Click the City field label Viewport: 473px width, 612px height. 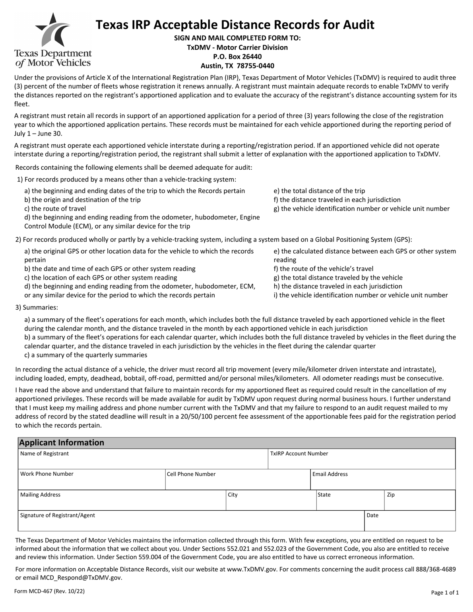click(x=233, y=495)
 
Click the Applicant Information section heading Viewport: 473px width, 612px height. click(x=62, y=443)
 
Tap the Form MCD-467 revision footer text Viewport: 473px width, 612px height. click(x=49, y=591)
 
